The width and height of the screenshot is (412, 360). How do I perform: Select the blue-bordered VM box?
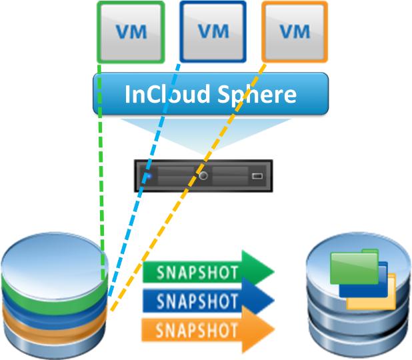click(x=213, y=31)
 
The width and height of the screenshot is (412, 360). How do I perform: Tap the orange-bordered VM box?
click(x=295, y=31)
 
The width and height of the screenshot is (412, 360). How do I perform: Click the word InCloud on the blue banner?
click(x=164, y=93)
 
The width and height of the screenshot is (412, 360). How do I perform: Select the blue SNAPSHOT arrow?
click(x=207, y=300)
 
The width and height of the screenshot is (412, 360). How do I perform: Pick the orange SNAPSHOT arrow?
click(x=207, y=329)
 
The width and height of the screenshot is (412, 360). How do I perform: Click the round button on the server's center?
click(x=204, y=177)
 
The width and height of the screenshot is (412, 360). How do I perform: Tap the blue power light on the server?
click(x=148, y=177)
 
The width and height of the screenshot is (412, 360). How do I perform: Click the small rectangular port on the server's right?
click(x=258, y=178)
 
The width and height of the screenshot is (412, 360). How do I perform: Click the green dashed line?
click(x=100, y=167)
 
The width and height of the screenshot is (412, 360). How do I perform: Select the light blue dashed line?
click(x=143, y=180)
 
